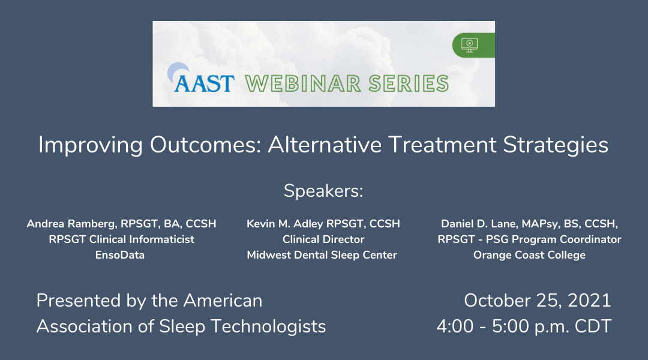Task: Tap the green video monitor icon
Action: pos(469,45)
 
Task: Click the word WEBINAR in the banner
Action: pos(303,83)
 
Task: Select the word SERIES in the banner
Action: pos(409,83)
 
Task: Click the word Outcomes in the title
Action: pos(205,145)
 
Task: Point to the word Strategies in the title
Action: pos(556,145)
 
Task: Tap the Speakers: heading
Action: pos(323,191)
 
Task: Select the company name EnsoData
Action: pos(120,255)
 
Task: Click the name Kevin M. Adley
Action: pos(285,224)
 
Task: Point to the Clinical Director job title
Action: pos(323,239)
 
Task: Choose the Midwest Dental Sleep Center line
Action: pos(322,255)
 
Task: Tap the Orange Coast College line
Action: pos(529,255)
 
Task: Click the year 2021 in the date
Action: pos(589,301)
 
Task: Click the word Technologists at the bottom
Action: pos(268,326)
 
